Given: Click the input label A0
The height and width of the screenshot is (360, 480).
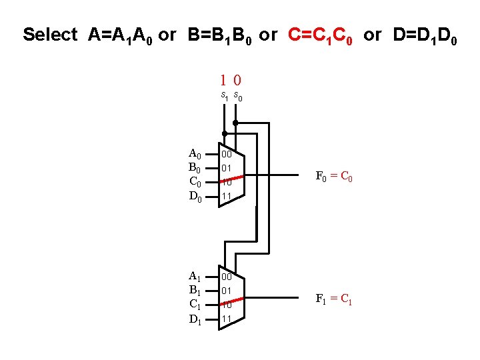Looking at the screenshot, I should [195, 154].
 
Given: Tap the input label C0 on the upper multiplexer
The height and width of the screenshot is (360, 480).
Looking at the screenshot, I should [195, 181].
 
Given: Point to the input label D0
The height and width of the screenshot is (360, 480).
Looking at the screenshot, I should [195, 196].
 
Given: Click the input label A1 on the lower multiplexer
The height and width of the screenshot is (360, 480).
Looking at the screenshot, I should [195, 277].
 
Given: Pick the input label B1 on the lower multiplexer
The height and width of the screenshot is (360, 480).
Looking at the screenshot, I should [195, 290].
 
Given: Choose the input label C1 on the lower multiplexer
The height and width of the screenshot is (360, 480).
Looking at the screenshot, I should [195, 305].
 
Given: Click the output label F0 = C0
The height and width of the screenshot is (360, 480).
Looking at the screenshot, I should [333, 177].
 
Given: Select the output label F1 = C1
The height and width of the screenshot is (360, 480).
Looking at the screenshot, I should [333, 299].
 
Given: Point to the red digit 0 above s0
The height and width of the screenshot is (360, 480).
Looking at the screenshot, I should [237, 80].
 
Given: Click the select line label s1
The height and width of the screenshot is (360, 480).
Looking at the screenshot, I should [225, 97].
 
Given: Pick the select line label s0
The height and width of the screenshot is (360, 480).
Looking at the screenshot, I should [237, 97].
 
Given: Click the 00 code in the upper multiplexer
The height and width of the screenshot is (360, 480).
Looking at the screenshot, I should [227, 154].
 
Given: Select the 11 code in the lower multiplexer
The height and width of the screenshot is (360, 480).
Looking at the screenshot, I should [227, 319].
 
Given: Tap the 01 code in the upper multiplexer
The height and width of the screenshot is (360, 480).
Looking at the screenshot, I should [227, 167].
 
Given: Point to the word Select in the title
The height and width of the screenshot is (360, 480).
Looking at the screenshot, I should [50, 35].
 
